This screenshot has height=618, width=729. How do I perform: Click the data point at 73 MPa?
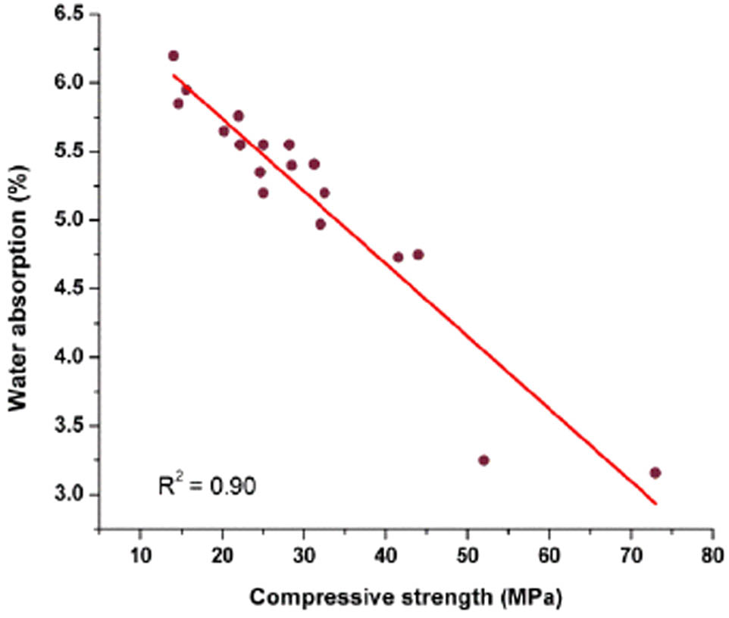655,473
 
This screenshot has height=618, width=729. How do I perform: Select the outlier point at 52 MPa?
483,460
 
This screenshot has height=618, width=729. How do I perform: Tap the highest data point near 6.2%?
174,56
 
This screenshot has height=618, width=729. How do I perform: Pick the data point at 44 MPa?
418,254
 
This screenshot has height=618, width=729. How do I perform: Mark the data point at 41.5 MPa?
398,257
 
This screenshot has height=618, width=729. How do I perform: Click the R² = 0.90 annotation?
206,485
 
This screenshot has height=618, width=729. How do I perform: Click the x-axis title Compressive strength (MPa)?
405,598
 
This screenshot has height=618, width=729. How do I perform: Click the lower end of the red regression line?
655,503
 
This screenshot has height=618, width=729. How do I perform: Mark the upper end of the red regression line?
174,75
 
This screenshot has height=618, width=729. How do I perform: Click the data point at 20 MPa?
224,131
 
